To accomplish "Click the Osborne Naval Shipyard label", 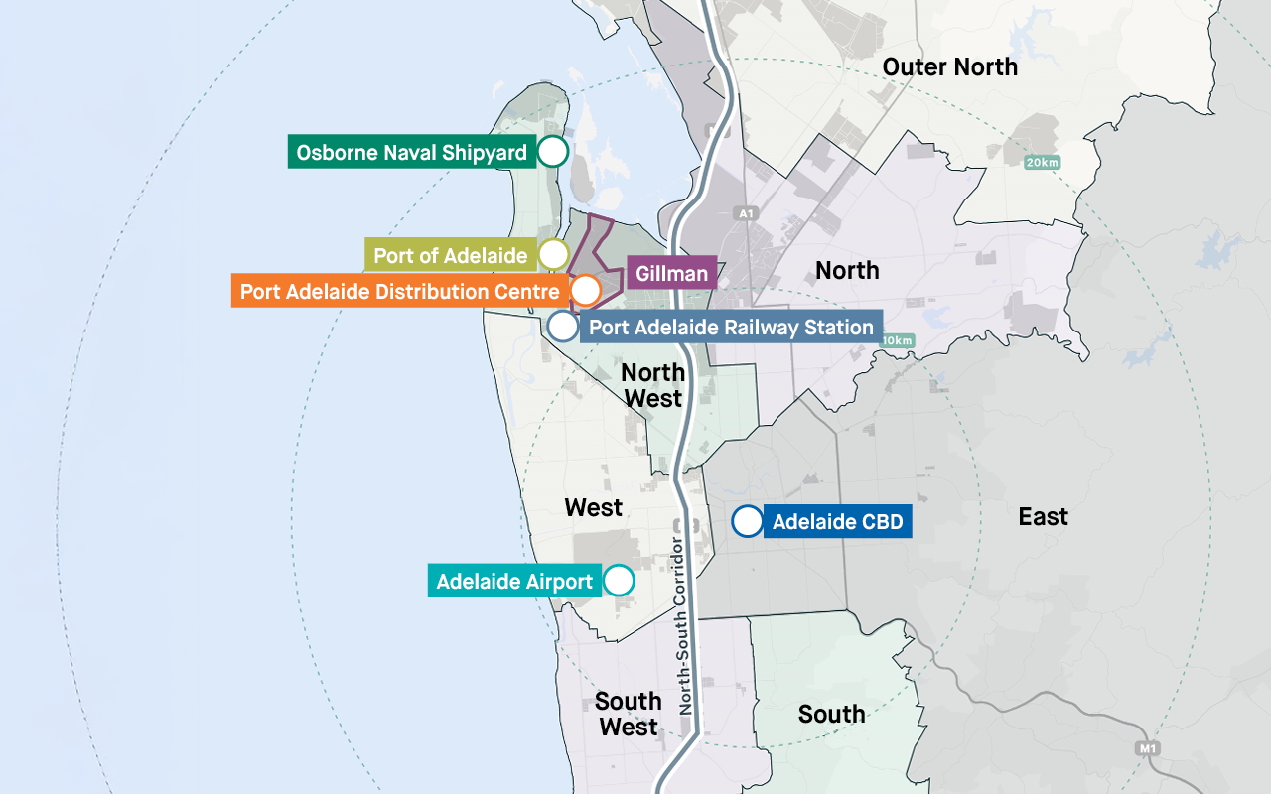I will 411,153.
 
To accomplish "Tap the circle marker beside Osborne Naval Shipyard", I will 553,152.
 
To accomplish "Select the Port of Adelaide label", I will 451,255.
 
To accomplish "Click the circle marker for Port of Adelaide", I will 553,254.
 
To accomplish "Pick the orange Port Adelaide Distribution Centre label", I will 399,292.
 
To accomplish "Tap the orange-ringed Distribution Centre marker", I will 586,290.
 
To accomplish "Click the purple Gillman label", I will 672,273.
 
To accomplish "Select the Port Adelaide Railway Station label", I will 731,327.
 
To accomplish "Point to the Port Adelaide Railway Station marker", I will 563,326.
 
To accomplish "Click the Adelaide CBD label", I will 837,522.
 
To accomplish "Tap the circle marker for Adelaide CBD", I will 748,521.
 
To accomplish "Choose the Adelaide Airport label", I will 514,581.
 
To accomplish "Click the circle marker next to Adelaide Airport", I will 619,580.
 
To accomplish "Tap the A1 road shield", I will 746,213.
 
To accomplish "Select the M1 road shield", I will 1149,747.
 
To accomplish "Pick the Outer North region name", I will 950,66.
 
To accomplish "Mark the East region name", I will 1043,516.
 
